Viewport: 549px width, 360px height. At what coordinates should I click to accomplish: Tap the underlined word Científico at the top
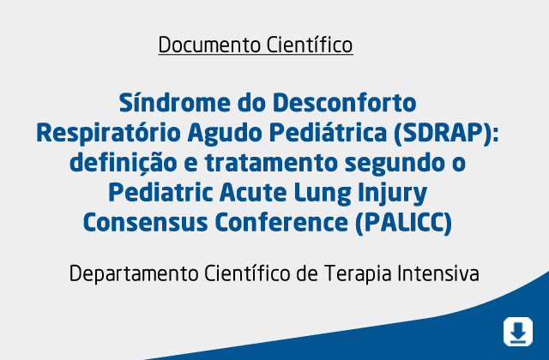310,45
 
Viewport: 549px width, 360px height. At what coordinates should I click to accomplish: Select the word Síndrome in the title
174,103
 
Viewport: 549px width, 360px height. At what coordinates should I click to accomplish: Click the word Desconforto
345,103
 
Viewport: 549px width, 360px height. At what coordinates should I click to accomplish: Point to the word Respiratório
109,134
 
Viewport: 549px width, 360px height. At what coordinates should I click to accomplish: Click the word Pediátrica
328,133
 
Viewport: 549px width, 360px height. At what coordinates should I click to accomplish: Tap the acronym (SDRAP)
446,134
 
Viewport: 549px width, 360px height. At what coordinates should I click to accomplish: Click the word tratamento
271,163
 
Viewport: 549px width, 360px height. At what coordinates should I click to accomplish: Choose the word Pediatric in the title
160,192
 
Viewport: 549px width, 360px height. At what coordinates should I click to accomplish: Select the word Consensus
146,223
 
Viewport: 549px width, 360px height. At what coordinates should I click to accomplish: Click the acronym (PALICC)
404,223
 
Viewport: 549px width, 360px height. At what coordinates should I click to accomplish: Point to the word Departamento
134,274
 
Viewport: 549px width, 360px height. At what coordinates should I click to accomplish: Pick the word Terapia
358,274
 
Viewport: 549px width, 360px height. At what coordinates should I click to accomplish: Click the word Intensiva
438,273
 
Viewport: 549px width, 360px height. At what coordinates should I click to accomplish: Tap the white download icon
518,332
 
